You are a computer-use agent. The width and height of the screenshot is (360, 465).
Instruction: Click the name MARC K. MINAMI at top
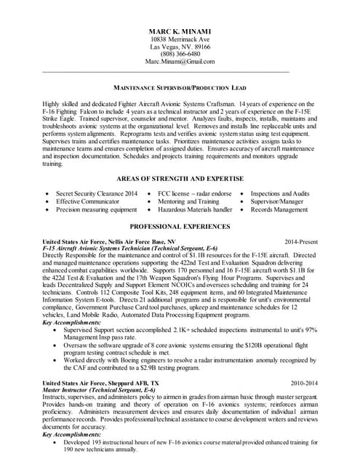180,30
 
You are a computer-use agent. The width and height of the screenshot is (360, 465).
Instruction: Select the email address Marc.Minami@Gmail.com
180,62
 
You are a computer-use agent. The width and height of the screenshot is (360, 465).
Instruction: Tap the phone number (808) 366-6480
180,54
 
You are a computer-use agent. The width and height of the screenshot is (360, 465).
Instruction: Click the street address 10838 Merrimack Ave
180,38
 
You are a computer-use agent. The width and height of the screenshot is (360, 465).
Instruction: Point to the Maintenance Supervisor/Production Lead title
180,86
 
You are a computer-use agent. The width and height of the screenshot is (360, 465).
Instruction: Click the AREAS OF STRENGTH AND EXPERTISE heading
180,179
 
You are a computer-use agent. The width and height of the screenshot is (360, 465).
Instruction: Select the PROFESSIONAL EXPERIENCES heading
180,227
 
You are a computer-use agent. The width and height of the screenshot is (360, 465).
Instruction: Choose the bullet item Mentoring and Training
188,202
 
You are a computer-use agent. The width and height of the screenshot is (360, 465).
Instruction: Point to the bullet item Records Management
279,210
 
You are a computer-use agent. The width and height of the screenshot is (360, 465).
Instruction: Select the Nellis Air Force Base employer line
109,240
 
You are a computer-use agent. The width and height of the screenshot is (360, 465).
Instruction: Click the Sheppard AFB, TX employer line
100,382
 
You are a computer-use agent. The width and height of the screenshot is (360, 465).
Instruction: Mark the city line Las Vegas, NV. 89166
180,46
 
